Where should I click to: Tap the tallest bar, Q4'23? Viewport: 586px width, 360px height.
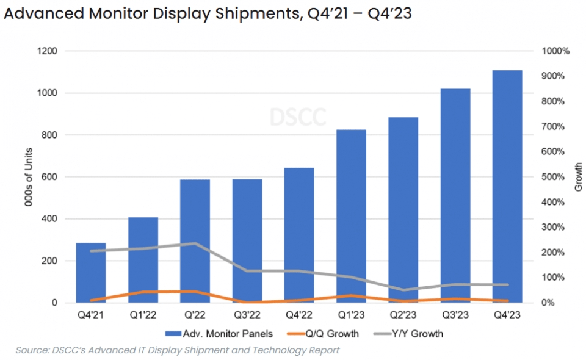pyautogui.click(x=507, y=186)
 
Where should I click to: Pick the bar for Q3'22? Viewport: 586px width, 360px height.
pyautogui.click(x=247, y=240)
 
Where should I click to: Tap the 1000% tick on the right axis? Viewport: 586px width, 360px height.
pyautogui.click(x=555, y=51)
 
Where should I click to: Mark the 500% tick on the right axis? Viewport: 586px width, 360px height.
pyautogui.click(x=554, y=177)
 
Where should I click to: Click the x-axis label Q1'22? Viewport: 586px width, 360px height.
pyautogui.click(x=143, y=315)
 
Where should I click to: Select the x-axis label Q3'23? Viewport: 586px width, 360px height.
pyautogui.click(x=455, y=315)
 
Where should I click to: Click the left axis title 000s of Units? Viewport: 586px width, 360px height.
pyautogui.click(x=29, y=177)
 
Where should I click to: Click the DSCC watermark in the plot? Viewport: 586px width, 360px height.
pyautogui.click(x=298, y=117)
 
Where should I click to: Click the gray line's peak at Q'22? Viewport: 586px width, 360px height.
pyautogui.click(x=195, y=243)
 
